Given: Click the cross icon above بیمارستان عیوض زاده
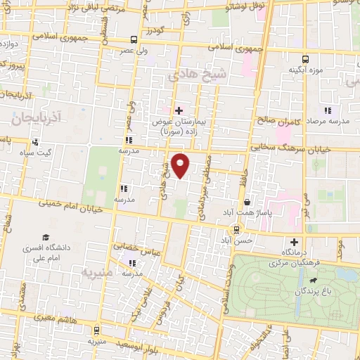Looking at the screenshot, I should click(x=179, y=110).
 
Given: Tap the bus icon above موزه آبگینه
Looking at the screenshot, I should click(x=305, y=60).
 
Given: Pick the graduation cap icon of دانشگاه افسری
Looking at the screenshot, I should click(x=46, y=238).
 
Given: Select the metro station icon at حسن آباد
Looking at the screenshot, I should click(x=237, y=229).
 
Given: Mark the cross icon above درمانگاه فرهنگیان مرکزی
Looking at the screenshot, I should click(x=294, y=242).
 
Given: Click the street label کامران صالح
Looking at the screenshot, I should click(x=279, y=121).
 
